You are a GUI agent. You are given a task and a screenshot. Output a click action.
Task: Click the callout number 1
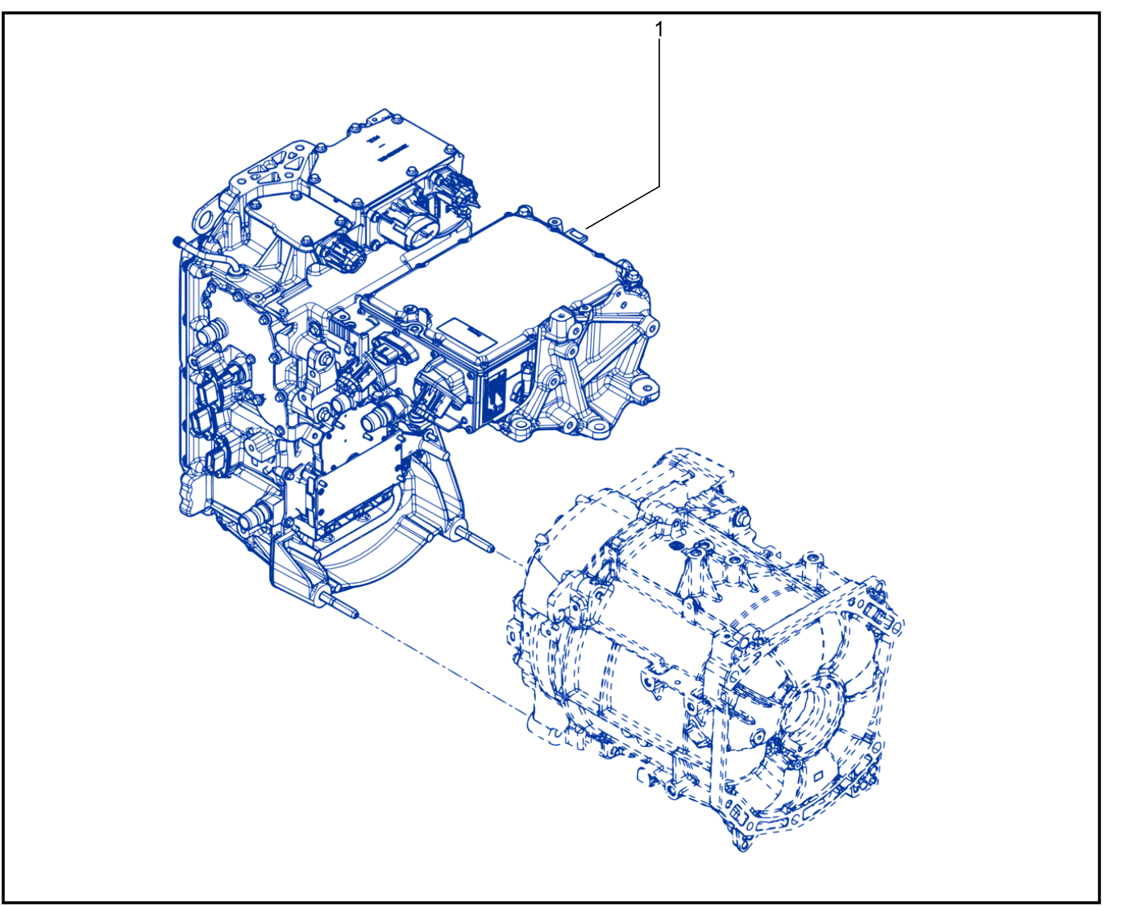point(659,30)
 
